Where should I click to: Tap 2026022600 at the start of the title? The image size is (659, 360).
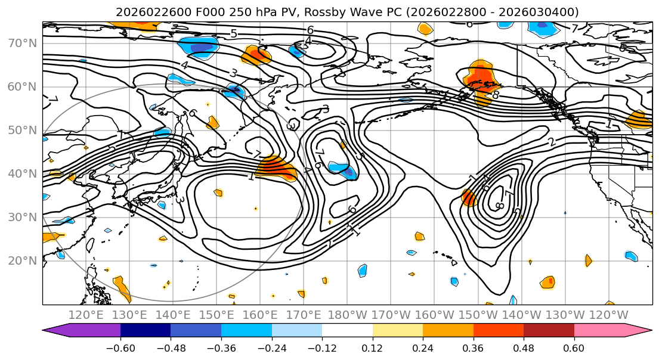[145, 12]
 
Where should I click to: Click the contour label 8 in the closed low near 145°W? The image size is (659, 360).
[500, 206]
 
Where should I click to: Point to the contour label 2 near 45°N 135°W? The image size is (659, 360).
[551, 142]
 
